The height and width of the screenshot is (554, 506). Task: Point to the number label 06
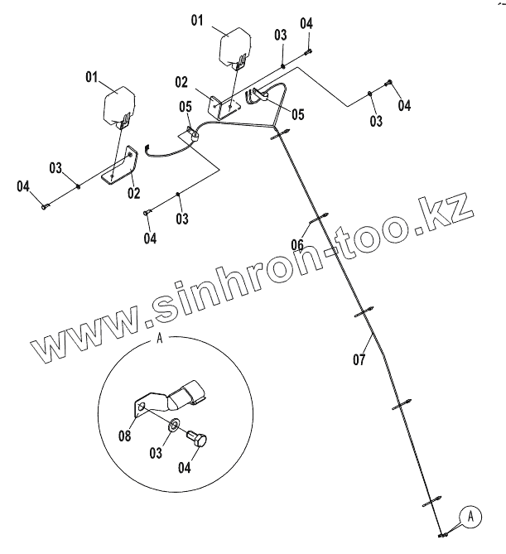click(x=296, y=243)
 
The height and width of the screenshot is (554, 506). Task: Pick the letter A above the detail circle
click(x=159, y=338)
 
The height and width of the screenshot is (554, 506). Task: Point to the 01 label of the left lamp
click(x=91, y=78)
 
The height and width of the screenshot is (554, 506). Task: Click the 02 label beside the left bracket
click(x=133, y=193)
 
